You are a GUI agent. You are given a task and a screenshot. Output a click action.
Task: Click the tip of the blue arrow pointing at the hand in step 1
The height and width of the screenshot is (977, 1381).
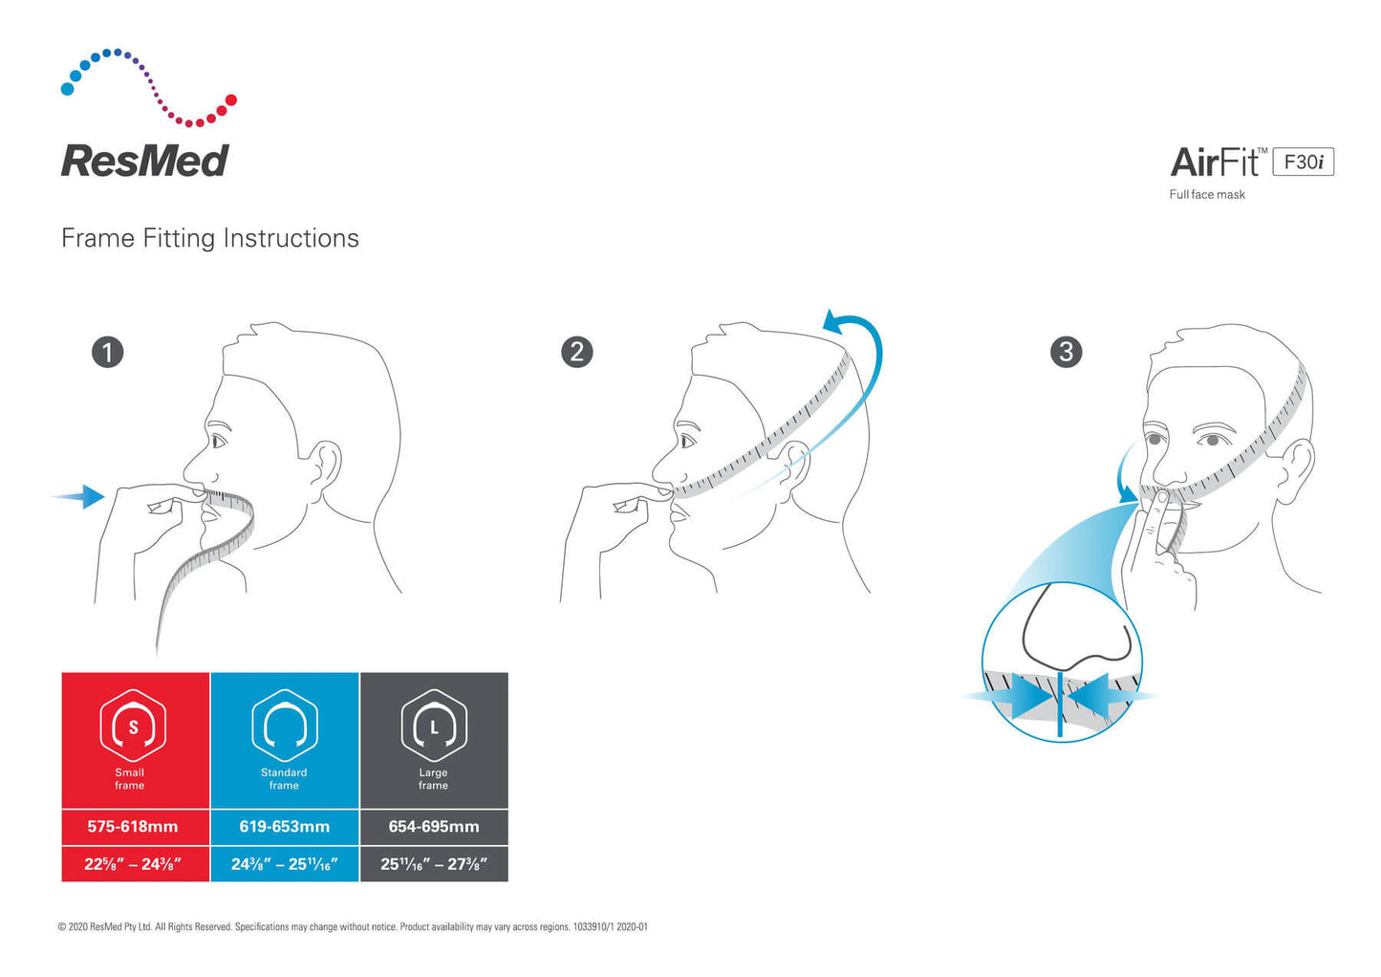(105, 496)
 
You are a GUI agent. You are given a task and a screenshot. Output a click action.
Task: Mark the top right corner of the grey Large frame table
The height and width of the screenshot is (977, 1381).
(508, 673)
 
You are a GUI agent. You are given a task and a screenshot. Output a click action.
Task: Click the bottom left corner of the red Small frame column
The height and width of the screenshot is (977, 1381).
(62, 881)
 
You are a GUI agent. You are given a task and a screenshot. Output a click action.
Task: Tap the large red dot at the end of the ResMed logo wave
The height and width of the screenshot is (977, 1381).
(231, 100)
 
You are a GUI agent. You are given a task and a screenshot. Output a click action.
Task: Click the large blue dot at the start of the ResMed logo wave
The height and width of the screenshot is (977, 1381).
(67, 89)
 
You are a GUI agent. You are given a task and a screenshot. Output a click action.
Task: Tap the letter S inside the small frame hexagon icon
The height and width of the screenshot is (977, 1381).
(133, 727)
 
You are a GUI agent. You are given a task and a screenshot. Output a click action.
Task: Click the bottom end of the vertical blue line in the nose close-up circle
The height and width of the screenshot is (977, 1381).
(1060, 736)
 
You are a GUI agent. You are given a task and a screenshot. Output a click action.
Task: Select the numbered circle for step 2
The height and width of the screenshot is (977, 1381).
(577, 352)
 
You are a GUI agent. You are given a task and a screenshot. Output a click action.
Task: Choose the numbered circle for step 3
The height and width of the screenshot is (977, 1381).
(1066, 352)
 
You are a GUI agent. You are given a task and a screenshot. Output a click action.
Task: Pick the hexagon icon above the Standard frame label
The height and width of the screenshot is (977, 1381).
(284, 726)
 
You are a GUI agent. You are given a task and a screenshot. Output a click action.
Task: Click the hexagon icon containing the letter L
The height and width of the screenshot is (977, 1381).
(434, 726)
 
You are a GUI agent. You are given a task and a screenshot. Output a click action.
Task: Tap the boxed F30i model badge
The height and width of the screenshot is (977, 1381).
(1304, 163)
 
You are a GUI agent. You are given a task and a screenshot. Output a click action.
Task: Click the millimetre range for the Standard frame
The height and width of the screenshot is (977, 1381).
(284, 827)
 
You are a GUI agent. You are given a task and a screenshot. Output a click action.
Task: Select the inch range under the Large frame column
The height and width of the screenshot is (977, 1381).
(434, 864)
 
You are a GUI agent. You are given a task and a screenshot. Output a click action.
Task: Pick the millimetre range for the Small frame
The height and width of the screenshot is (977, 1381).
(133, 827)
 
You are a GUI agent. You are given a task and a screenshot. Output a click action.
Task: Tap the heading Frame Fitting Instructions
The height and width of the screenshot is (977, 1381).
(210, 239)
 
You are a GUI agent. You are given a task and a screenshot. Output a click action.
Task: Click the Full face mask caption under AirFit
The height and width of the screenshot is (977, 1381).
(1207, 195)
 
